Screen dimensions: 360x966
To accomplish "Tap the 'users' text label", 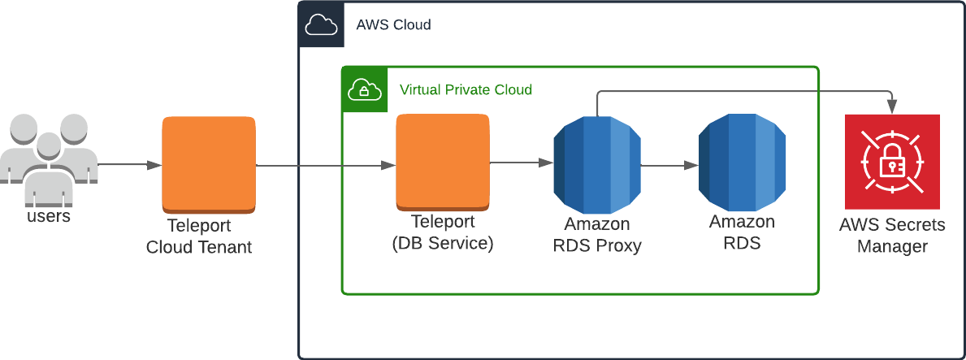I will click(x=49, y=217).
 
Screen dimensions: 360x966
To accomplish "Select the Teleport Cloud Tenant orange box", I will click(x=209, y=164).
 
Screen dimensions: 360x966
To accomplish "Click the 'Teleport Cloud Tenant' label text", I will click(x=199, y=236).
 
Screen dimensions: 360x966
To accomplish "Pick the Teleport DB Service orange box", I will click(x=443, y=162).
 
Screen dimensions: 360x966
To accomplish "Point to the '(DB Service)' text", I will click(x=443, y=243).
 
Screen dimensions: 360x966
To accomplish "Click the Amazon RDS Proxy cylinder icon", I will click(x=597, y=164).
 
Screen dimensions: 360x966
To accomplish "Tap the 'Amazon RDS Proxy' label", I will click(x=597, y=235).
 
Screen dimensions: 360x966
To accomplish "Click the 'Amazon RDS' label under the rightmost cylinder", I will click(x=742, y=232).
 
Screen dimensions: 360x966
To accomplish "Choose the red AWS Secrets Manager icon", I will click(x=892, y=162).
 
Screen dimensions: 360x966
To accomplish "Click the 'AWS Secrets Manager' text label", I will click(x=892, y=236).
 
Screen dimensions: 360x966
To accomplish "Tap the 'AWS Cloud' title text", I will click(x=393, y=25).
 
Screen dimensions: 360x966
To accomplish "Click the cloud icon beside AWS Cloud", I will click(x=321, y=26).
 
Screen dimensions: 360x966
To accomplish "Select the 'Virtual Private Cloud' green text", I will click(x=466, y=89).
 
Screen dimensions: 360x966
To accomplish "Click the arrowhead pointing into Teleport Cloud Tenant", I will click(x=154, y=165).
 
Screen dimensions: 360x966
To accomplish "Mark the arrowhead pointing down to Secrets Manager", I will click(x=893, y=106).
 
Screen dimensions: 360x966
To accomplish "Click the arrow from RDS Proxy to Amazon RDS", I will click(x=670, y=165).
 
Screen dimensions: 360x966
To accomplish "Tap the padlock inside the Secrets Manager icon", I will click(x=891, y=166).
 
